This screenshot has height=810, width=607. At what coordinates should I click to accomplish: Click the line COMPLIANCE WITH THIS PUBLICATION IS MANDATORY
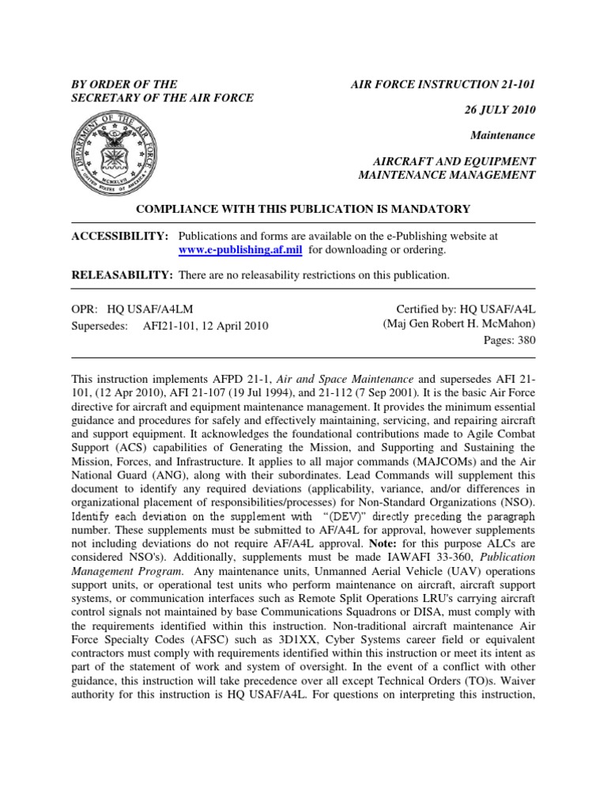303,209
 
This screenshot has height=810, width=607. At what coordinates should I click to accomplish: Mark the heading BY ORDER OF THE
124,83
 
